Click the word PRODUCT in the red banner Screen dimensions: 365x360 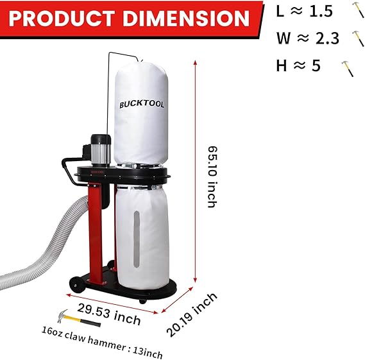point(62,18)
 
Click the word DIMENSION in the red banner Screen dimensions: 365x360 point(186,18)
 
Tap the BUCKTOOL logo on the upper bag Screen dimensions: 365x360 point(142,105)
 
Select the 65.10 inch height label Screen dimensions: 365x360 point(212,176)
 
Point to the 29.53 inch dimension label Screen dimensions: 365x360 point(109,314)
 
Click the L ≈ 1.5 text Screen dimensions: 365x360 point(305,11)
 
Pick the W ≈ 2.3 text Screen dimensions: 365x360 point(308,38)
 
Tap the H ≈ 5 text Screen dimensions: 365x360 point(298,65)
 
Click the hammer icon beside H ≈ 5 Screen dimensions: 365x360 point(348,69)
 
